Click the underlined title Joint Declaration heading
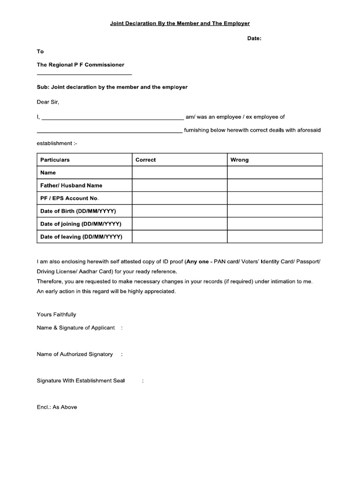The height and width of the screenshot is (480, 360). [x=180, y=23]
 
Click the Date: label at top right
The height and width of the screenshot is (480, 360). [x=254, y=39]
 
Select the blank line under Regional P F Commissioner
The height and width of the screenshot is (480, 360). [x=84, y=74]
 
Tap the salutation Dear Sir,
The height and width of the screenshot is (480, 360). [x=48, y=102]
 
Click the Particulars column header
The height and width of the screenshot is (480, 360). [x=55, y=160]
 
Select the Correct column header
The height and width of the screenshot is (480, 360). [x=145, y=160]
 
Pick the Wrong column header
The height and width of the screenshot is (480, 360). [x=240, y=160]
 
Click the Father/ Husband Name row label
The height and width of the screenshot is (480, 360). [x=71, y=186]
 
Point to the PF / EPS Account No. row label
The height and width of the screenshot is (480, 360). [x=69, y=198]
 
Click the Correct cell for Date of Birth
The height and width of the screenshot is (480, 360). [x=180, y=211]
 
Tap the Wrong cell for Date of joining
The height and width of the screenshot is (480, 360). [x=275, y=224]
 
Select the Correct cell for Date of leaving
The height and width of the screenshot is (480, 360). [x=180, y=237]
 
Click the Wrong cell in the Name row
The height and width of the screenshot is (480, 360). [x=275, y=172]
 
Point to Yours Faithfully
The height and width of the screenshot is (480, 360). [x=56, y=315]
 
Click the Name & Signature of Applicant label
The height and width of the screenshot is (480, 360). [x=75, y=328]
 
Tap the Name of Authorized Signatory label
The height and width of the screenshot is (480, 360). [x=75, y=354]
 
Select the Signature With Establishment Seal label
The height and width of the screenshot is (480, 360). [x=81, y=381]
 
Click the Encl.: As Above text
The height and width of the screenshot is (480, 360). [x=57, y=407]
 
